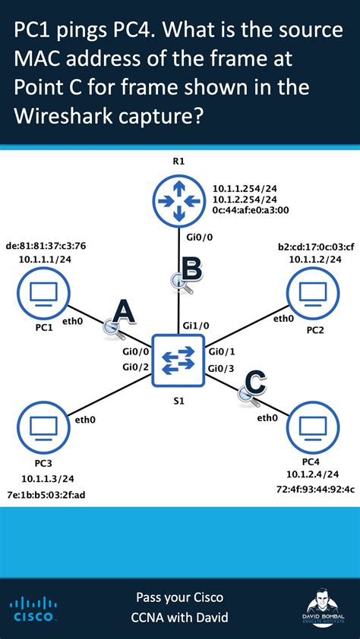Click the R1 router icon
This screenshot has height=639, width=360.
[178, 200]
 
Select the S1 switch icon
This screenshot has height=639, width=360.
[178, 359]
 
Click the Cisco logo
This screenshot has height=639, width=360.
[32, 609]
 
